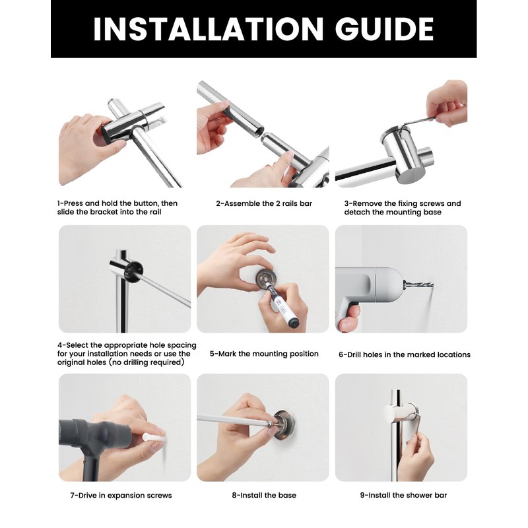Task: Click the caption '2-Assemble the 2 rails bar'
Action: click(x=264, y=203)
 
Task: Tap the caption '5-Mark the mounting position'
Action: click(x=264, y=354)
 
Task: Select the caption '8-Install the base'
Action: click(x=264, y=495)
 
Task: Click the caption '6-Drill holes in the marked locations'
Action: click(x=405, y=354)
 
